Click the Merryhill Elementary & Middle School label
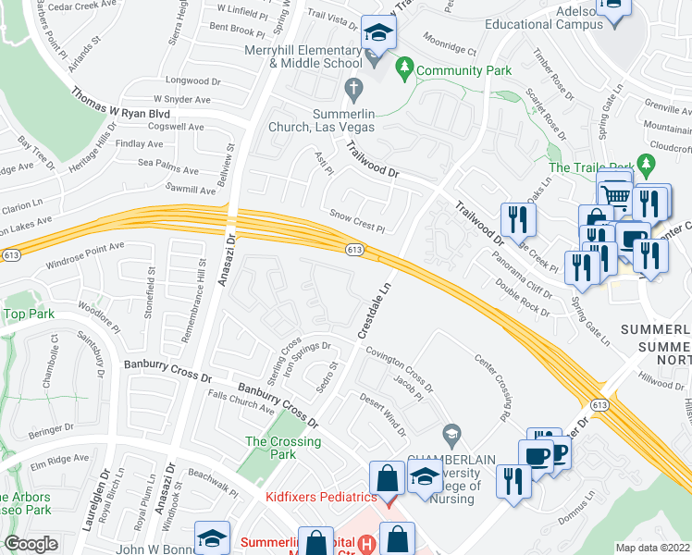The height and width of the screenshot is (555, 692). click(x=302, y=55)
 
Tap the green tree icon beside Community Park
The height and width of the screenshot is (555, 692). click(x=403, y=68)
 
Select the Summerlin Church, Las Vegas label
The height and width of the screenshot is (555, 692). click(x=323, y=120)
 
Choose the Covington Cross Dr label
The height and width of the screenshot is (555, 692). click(x=399, y=365)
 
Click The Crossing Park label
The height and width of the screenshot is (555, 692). click(x=283, y=449)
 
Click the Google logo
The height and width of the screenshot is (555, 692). click(x=31, y=544)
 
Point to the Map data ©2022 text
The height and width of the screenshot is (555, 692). click(x=652, y=548)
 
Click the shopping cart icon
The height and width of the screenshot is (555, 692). click(x=614, y=193)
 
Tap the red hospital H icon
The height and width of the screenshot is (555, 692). click(x=368, y=543)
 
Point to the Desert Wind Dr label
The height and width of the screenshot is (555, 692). click(x=383, y=413)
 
